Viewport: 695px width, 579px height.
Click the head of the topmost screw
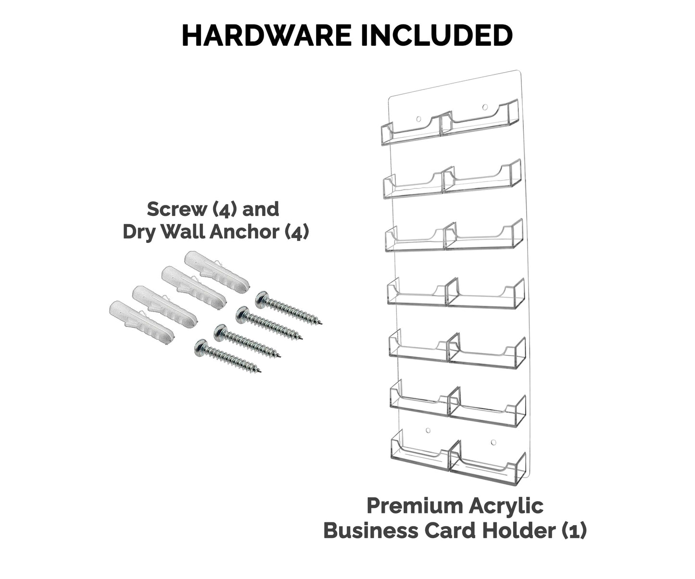262,299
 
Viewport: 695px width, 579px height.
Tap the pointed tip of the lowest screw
259,371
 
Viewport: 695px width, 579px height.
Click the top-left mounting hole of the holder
418,118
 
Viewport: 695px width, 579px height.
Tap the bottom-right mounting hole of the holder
493,441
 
